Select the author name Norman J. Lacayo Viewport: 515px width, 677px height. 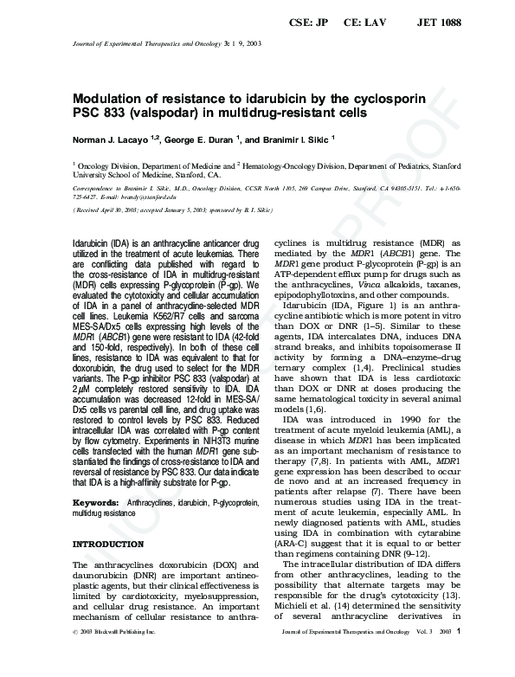coord(111,139)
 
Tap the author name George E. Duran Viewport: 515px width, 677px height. coord(200,139)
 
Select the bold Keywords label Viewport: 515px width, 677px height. coord(95,503)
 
